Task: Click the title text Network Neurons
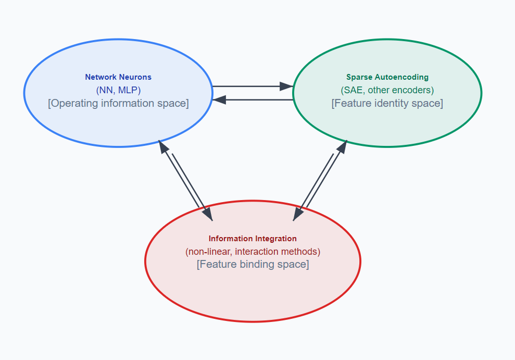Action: [118, 77]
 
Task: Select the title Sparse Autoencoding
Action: [387, 77]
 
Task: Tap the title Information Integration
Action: [253, 239]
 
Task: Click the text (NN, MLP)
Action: [118, 90]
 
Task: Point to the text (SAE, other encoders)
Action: [387, 90]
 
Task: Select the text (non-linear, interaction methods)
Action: [253, 252]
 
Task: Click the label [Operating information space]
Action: [118, 103]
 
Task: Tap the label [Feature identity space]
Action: [387, 103]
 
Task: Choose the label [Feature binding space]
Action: [253, 264]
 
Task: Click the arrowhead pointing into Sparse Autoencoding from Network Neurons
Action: [286, 86]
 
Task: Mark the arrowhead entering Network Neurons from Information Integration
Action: [163, 146]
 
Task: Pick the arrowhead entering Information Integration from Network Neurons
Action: [207, 214]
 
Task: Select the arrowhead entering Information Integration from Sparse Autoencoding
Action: [298, 214]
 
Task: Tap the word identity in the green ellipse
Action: [386, 103]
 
